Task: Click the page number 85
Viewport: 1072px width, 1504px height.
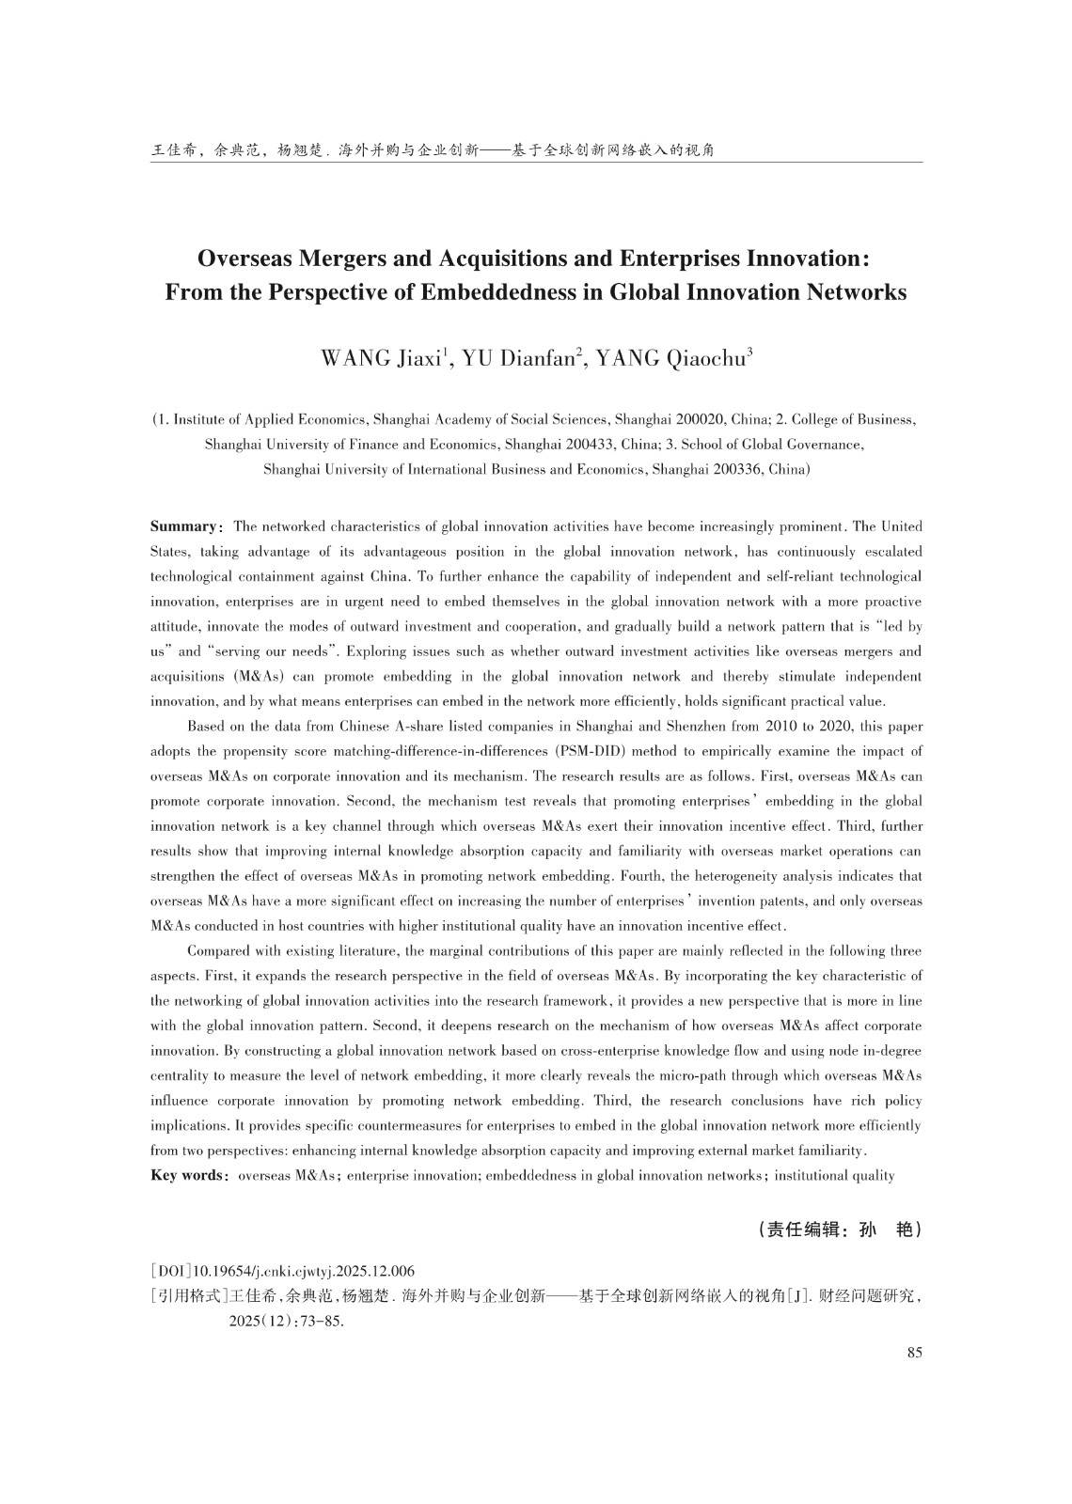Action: pyautogui.click(x=914, y=1353)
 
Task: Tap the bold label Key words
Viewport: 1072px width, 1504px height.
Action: pyautogui.click(x=186, y=1175)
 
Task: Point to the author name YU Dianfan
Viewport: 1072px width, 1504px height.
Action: pyautogui.click(x=518, y=359)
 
